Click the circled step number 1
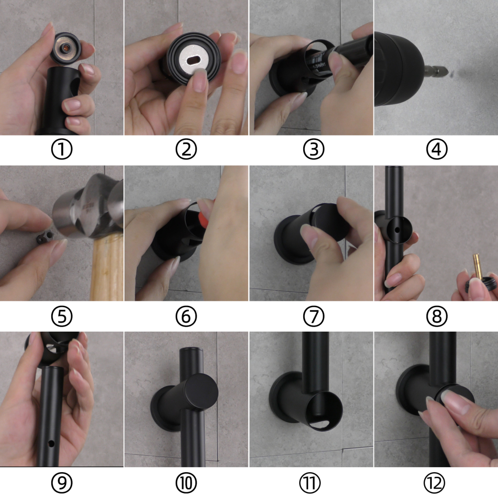[62, 149]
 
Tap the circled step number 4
[437, 149]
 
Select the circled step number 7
[313, 316]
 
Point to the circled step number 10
[186, 483]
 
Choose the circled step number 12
[434, 483]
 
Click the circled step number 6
[186, 316]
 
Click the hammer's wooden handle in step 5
[108, 267]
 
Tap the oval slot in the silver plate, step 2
[194, 60]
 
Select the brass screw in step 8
[475, 266]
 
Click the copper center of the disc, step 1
[66, 48]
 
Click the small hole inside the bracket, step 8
[397, 229]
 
